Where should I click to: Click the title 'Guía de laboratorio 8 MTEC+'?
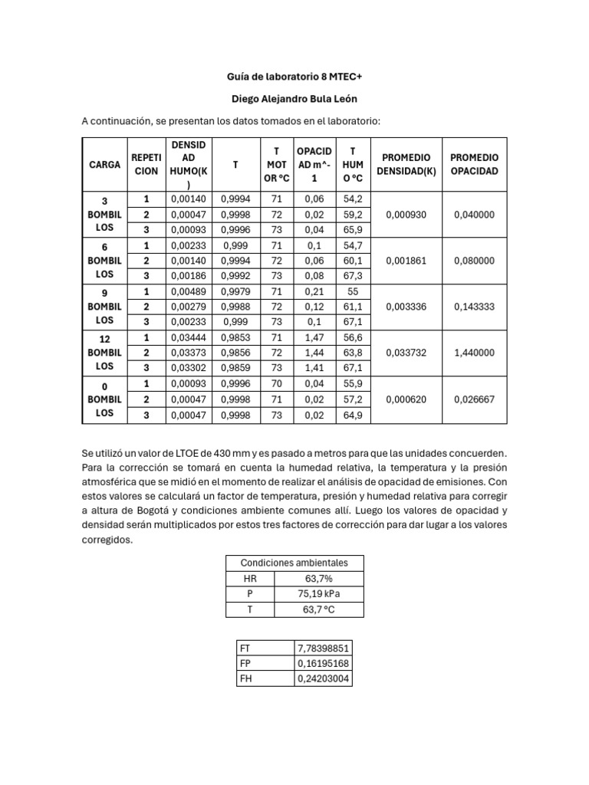point(294,77)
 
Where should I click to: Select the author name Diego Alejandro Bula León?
point(294,99)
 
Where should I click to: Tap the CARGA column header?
point(104,164)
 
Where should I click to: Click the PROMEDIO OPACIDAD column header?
point(474,164)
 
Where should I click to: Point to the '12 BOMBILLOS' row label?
point(104,353)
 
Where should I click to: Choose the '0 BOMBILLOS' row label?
point(104,399)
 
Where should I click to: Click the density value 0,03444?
point(187,338)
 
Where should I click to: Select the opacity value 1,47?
point(314,338)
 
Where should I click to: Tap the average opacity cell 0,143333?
point(474,307)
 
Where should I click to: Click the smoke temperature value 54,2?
point(353,199)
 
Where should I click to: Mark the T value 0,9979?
point(235,292)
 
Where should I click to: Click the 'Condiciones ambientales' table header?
point(294,563)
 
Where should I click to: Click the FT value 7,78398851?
point(323,648)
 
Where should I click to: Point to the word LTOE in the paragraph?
point(192,453)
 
